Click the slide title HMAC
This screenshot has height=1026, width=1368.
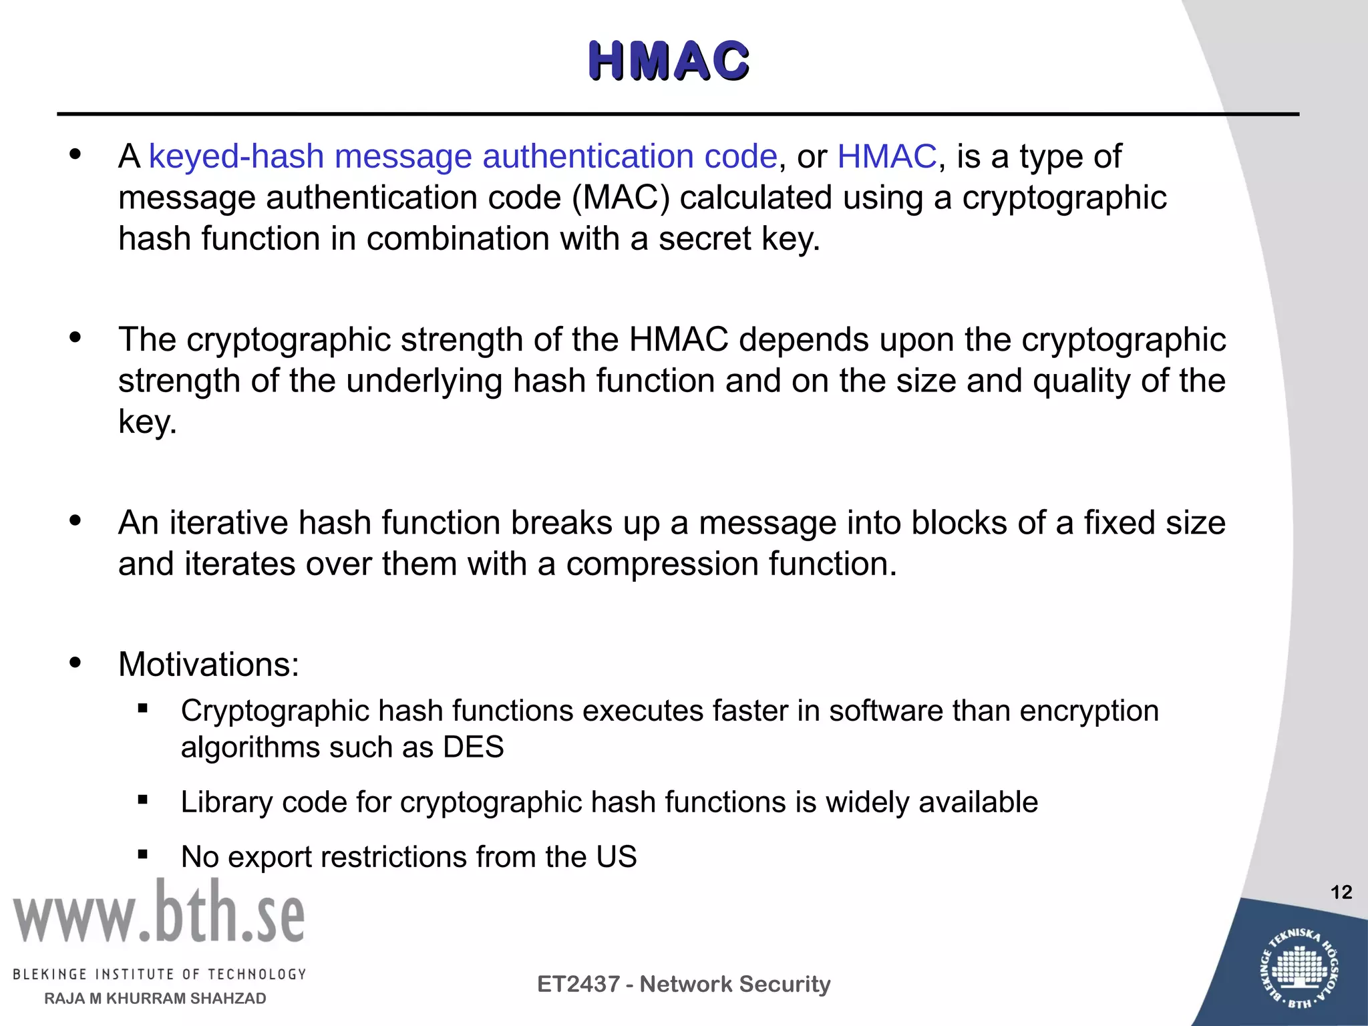pos(669,61)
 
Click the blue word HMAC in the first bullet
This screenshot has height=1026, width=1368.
pos(886,157)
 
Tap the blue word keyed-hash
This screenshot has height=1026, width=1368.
pos(236,157)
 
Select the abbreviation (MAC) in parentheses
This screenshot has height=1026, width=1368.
pos(621,198)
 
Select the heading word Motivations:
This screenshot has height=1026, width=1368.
pos(208,665)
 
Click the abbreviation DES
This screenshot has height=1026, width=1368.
pos(473,747)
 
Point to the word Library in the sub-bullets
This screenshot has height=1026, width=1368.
pos(226,802)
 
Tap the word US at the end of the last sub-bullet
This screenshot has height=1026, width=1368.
pos(617,857)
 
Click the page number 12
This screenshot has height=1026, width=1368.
pos(1341,892)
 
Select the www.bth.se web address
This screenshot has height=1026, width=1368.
pos(159,912)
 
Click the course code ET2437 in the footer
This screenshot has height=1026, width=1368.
pos(578,984)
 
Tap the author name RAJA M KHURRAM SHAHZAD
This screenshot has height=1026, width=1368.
pos(155,999)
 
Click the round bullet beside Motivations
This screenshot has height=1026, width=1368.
pos(75,663)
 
